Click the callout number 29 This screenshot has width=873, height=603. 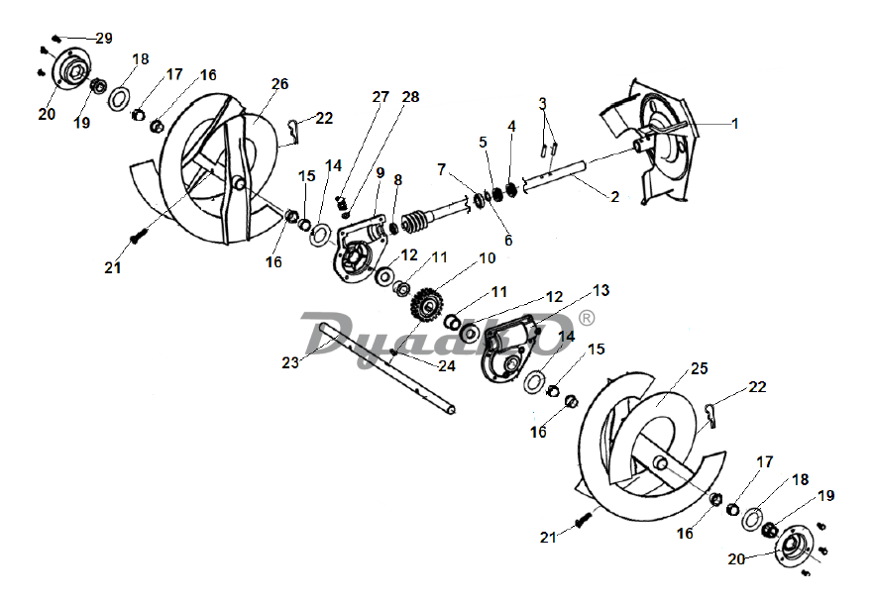104,39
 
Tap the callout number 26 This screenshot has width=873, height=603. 280,84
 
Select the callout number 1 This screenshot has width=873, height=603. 735,124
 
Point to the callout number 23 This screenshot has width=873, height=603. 290,362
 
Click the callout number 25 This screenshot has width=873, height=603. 700,368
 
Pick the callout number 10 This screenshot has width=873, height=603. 488,258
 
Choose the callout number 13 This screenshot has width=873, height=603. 601,290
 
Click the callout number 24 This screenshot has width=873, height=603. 447,365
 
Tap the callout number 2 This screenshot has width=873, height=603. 614,197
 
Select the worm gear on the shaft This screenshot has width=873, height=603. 413,222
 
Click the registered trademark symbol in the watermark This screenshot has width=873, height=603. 587,318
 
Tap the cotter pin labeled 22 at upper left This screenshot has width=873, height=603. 294,129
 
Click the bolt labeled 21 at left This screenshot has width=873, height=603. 138,236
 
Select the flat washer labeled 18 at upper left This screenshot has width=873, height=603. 119,98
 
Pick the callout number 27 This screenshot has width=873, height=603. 381,97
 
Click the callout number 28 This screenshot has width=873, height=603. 410,97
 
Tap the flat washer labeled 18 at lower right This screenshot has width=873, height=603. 752,519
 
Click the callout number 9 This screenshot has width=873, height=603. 381,172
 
